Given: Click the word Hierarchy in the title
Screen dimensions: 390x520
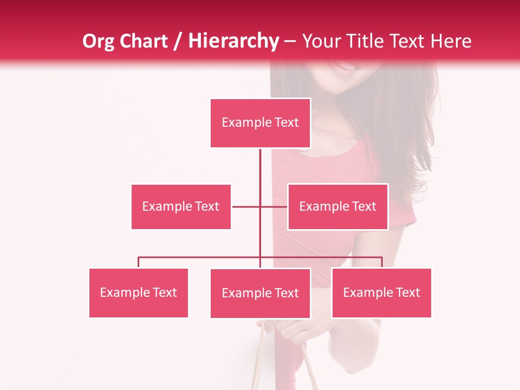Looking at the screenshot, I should point(233,41).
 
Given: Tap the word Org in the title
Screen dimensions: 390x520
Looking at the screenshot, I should point(98,41).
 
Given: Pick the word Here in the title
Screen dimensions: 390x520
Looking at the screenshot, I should point(449,41).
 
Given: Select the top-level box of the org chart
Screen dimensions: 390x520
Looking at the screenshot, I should point(260,123).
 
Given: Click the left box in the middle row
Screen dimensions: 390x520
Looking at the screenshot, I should point(181,206).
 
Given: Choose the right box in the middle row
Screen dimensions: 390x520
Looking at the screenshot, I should point(337,206).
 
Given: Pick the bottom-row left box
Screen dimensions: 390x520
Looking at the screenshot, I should point(138,292).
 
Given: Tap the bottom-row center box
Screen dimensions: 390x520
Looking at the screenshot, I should point(260,293).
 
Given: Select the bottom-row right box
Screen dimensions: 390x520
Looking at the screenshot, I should point(381,292).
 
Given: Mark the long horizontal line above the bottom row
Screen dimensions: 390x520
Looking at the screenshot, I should point(200,257).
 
